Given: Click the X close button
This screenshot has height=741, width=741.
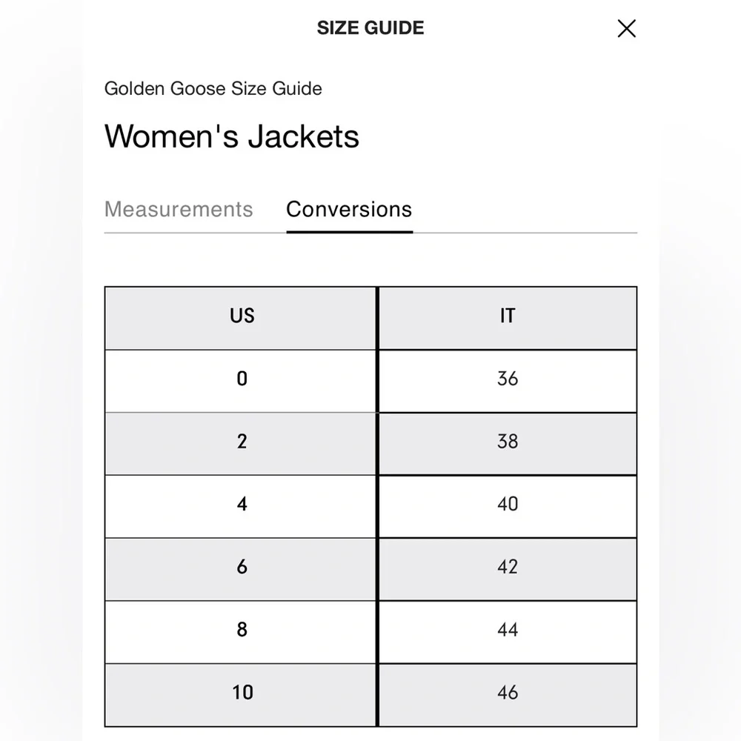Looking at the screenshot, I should coord(626,29).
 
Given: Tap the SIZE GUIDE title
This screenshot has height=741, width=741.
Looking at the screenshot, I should coord(370,28).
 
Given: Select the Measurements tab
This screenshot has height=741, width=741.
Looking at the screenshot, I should coord(179,209).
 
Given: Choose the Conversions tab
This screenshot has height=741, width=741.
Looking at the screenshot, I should coord(349,209).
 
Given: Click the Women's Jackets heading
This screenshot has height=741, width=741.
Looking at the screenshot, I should coord(232,136).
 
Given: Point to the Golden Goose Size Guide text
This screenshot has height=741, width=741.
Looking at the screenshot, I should coord(213,89).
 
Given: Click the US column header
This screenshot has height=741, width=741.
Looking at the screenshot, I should coord(242,316).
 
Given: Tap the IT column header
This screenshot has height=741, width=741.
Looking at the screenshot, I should coord(508,316).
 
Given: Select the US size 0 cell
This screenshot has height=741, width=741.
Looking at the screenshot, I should coord(242,379).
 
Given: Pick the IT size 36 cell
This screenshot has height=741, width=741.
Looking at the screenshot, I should coord(508,379).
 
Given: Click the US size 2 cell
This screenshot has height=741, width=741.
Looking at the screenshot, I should coord(242,442).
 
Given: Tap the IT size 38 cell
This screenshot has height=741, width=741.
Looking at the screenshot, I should coord(508,442).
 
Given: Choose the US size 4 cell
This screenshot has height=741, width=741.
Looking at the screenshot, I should coord(242,505).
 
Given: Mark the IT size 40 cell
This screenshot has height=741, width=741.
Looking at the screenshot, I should coord(508,505).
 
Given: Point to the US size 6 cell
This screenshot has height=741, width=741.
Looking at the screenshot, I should coord(242,568).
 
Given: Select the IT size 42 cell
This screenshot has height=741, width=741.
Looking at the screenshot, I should coord(508,568).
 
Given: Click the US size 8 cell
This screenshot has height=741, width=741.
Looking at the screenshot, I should coord(242,631).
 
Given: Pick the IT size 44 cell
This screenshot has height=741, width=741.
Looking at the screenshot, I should coord(508,631).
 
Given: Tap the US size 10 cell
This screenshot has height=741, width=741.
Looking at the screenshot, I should coord(242,694).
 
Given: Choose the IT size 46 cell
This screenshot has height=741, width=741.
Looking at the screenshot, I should coord(508,694).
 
